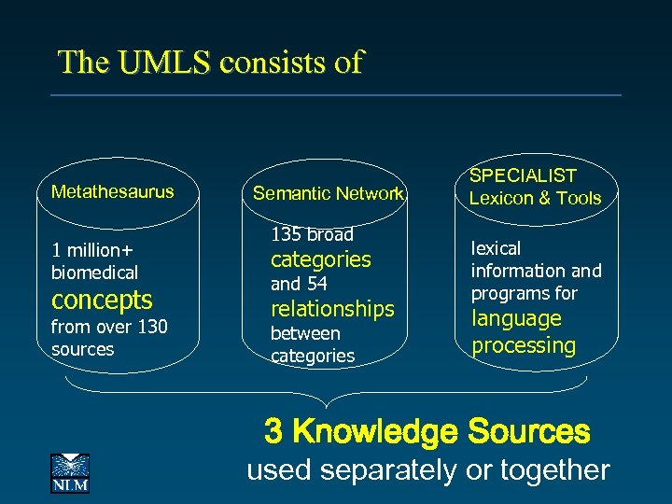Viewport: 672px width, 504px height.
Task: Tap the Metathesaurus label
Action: (112, 192)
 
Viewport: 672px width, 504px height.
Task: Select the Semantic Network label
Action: (329, 194)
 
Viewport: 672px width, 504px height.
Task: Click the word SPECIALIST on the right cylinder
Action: (523, 175)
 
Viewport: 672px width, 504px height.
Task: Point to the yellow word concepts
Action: (102, 300)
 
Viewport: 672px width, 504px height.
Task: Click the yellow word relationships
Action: (332, 308)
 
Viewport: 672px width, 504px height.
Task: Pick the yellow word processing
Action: (524, 344)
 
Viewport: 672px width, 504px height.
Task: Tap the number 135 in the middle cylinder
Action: (286, 234)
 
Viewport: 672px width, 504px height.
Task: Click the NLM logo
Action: (69, 472)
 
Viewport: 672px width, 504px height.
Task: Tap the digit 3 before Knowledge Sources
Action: (273, 432)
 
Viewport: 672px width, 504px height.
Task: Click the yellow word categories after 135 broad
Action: (320, 259)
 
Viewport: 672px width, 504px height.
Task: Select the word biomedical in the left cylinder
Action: (94, 273)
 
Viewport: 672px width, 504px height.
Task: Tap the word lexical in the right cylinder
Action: (496, 248)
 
